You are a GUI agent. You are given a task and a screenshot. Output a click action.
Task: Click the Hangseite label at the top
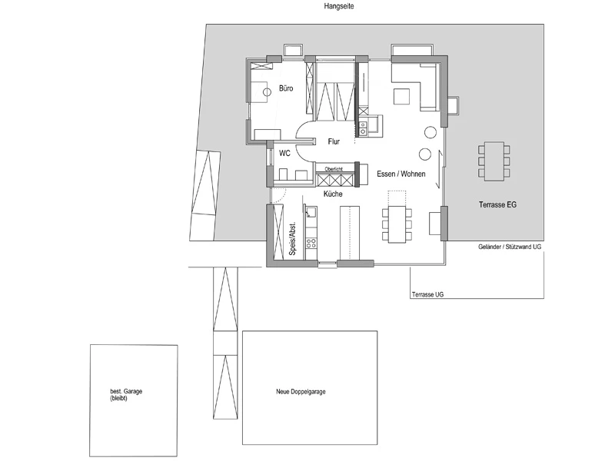point(339,6)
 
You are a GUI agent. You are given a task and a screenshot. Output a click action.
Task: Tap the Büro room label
point(286,88)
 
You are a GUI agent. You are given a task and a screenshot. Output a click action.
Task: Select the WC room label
point(284,153)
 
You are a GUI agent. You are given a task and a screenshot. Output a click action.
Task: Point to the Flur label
point(334,141)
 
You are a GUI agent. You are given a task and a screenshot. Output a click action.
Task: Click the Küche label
point(333,194)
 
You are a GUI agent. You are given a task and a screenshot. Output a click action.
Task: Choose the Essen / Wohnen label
point(401,174)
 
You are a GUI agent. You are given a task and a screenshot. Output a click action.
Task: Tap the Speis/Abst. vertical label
point(292,239)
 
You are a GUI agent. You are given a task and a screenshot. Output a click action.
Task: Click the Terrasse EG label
point(497,204)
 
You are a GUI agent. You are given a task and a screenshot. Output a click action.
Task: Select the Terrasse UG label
point(428,294)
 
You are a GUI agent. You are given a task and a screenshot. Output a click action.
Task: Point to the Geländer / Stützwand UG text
point(510,247)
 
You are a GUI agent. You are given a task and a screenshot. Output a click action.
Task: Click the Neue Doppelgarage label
point(301,392)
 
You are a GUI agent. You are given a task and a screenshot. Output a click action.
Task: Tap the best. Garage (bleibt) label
point(126,395)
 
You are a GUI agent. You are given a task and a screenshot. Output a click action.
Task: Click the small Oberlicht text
point(334,169)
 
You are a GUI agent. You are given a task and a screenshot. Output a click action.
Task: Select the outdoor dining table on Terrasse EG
point(494,161)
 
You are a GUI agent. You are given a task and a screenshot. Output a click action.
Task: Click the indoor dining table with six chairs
point(397,224)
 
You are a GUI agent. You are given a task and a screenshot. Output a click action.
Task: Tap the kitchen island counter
point(350,233)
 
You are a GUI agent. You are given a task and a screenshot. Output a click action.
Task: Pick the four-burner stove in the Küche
point(311,243)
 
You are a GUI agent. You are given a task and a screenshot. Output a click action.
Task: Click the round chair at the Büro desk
point(267,92)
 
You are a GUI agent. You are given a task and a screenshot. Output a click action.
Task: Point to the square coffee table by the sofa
point(401,96)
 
